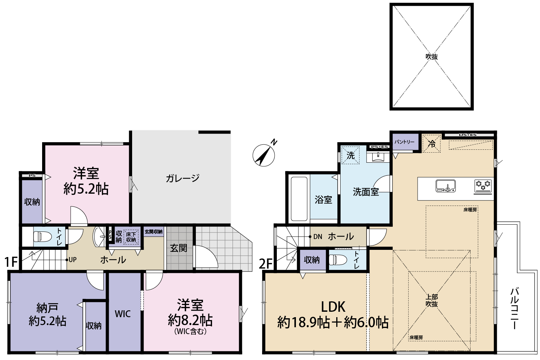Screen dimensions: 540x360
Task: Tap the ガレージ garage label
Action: coord(183,178)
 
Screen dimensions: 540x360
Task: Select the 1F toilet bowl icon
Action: coord(42,236)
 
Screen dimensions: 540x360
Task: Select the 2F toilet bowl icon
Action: coord(338,260)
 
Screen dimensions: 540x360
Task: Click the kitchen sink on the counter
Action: coord(446,186)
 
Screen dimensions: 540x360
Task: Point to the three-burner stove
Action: coord(483,187)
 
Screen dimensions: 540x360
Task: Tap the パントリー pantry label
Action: coord(404,142)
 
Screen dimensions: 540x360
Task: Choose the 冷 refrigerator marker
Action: coord(432,144)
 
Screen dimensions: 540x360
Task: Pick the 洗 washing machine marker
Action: coord(351,156)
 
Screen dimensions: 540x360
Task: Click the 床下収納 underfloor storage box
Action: coord(131,237)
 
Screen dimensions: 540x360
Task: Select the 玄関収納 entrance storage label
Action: coord(154,232)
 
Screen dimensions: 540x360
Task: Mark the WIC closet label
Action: coord(123,314)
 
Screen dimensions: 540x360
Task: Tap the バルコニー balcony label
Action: coord(514,309)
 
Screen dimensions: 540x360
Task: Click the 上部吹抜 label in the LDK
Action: coord(432,300)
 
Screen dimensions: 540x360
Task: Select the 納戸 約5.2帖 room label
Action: coord(48,314)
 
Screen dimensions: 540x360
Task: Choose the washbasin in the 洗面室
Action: coord(378,157)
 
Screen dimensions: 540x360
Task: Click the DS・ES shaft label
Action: coord(468,135)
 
